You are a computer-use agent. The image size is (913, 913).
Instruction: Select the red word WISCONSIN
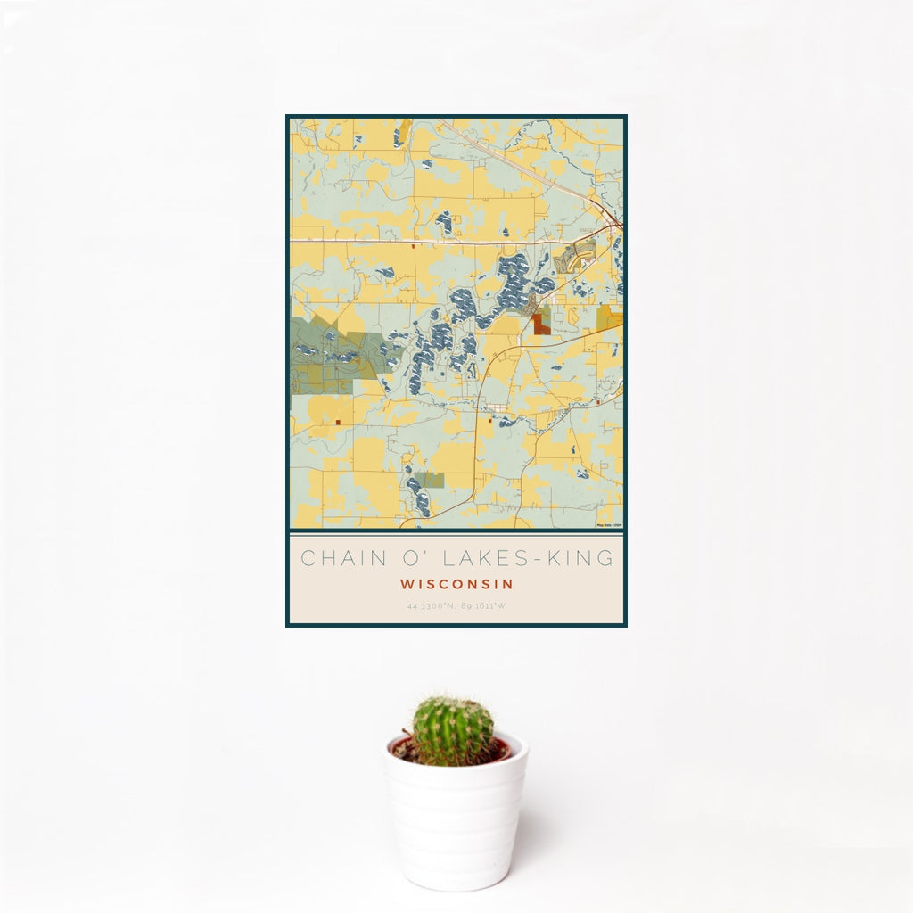[x=456, y=585]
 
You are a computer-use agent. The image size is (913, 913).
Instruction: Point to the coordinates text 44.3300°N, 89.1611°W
[x=456, y=606]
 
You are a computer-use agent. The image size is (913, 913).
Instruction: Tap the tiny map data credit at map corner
[x=609, y=525]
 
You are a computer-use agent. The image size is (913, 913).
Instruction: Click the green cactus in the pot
[x=452, y=731]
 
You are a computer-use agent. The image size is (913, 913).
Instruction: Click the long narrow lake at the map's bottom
[x=415, y=495]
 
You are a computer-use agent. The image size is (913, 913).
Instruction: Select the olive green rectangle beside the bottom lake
[x=432, y=480]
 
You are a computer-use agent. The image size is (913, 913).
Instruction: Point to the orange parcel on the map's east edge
[x=611, y=317]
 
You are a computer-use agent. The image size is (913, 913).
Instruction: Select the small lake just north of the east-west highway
[x=444, y=221]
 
